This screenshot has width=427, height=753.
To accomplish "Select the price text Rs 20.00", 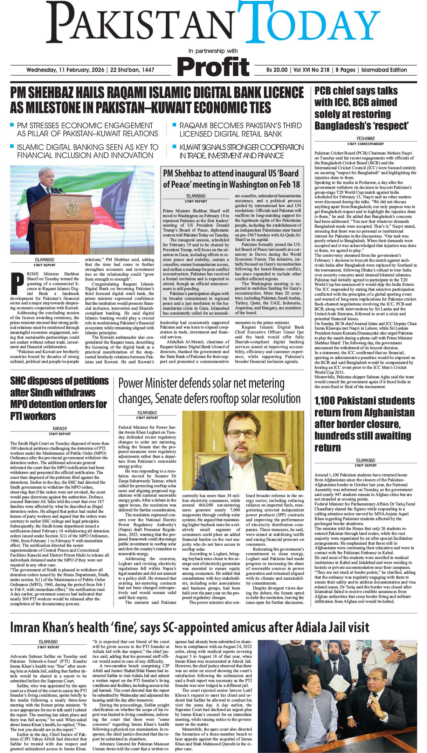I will tap(277, 70).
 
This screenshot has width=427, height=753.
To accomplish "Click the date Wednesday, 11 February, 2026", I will tap(66, 70).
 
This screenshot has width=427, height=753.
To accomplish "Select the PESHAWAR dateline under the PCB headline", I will tap(365, 139).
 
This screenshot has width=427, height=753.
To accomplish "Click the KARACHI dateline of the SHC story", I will tap(60, 428).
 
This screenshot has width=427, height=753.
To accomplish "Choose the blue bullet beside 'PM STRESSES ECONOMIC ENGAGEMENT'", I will tap(12, 125).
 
